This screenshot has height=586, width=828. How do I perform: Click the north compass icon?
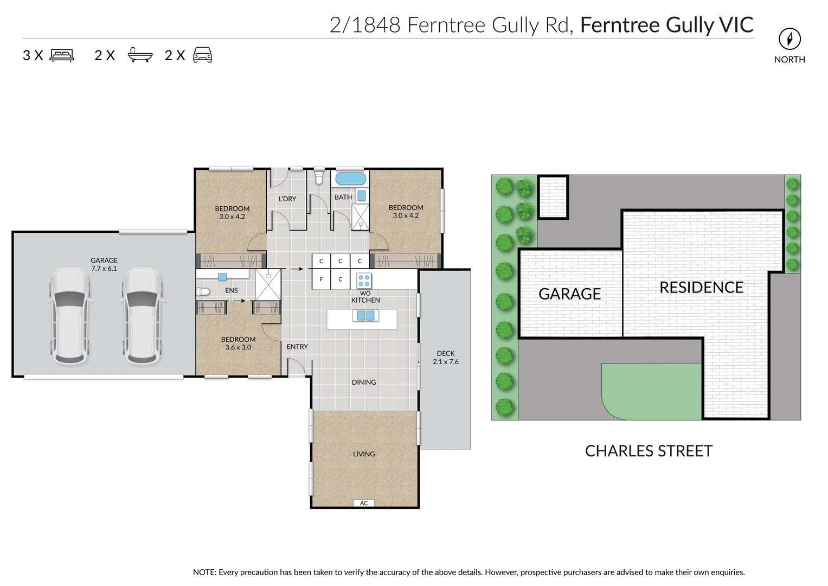click(x=790, y=39)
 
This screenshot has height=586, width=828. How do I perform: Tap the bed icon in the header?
click(x=62, y=55)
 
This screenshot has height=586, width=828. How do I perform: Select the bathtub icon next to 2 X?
click(x=140, y=55)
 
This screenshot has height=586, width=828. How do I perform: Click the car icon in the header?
click(x=202, y=55)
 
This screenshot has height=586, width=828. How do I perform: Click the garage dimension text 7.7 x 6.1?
click(x=104, y=269)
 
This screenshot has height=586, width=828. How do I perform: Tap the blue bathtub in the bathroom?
click(x=350, y=179)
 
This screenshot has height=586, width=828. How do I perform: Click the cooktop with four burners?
click(x=364, y=281)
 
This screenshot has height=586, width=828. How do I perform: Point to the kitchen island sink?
click(x=364, y=316)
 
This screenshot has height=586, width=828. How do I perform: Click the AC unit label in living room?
click(x=364, y=503)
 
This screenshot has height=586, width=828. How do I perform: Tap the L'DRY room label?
click(x=287, y=199)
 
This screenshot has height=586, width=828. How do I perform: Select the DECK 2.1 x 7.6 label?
click(x=446, y=358)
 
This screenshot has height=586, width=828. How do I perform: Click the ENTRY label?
click(x=297, y=347)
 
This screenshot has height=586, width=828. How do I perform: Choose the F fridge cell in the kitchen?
click(x=321, y=279)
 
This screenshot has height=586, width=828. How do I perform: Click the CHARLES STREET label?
click(x=649, y=451)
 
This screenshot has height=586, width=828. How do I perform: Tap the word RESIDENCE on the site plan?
click(x=701, y=288)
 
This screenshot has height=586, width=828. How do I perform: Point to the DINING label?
click(x=364, y=383)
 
